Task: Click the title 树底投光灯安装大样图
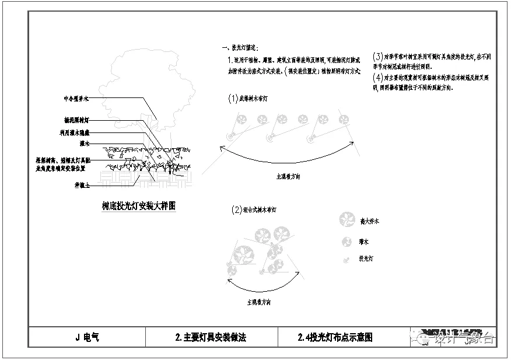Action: pyautogui.click(x=139, y=206)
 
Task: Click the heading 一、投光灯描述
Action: pyautogui.click(x=239, y=47)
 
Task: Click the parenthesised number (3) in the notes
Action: pyautogui.click(x=377, y=57)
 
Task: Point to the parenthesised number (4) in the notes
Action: pyautogui.click(x=377, y=77)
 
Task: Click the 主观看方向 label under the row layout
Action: pyautogui.click(x=289, y=176)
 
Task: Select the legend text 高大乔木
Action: pyautogui.click(x=370, y=221)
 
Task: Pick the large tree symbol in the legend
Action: pyautogui.click(x=346, y=221)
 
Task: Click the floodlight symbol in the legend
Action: pyautogui.click(x=346, y=257)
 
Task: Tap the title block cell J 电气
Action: pyautogui.click(x=87, y=337)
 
